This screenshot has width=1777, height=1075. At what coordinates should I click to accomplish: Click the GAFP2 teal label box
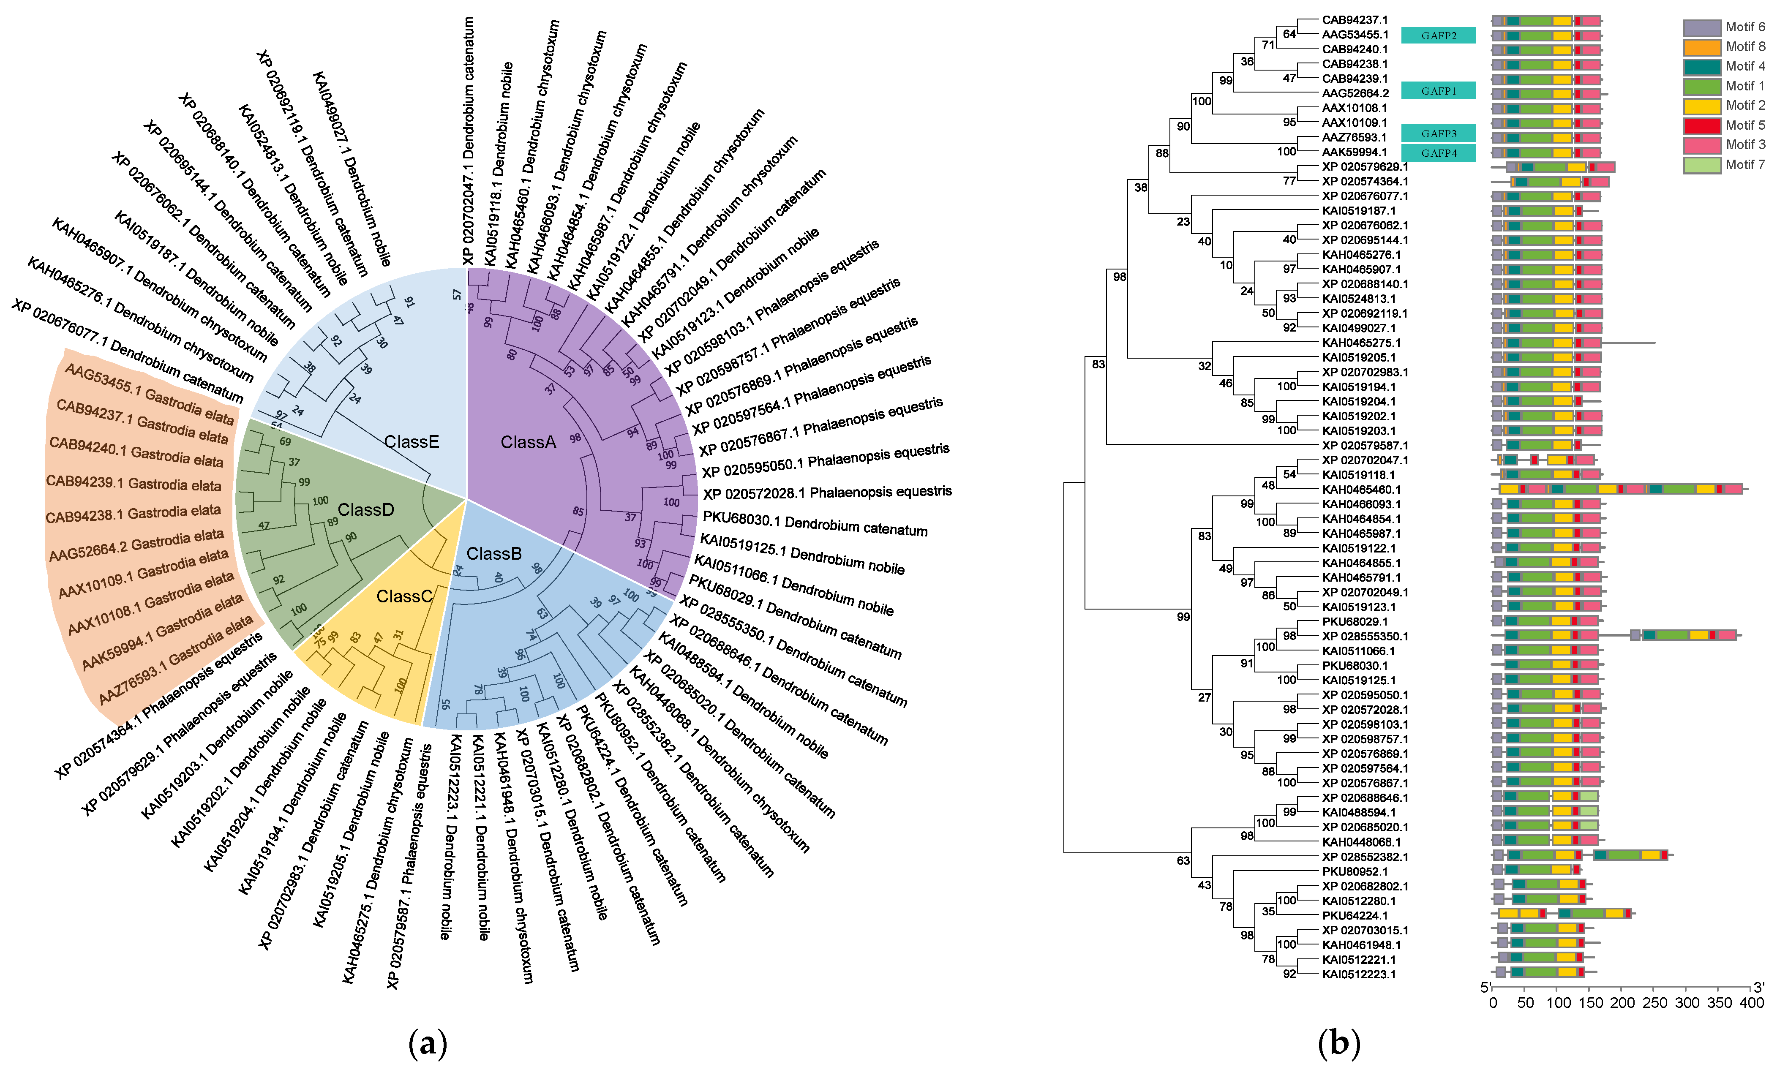click(1438, 35)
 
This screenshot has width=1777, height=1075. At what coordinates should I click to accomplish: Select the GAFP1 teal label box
click(1438, 91)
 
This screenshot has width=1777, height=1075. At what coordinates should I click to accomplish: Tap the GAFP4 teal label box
click(1438, 153)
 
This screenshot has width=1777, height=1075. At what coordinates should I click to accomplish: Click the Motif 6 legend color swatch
click(1701, 27)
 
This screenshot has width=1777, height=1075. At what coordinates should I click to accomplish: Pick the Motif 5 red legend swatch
click(1701, 125)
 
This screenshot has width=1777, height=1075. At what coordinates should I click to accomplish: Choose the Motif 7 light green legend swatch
click(1701, 165)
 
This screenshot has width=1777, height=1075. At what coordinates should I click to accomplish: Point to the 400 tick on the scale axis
click(1751, 1003)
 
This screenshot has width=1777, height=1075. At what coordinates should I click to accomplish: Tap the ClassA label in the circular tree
click(528, 443)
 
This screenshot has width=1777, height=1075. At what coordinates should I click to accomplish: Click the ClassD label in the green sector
click(365, 510)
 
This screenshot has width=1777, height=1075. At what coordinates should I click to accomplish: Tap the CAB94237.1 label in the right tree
click(1355, 20)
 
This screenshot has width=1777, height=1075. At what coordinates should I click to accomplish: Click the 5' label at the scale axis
click(1485, 987)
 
